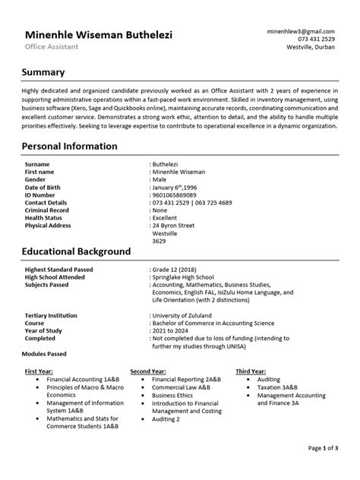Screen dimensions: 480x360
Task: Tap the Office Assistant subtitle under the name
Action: [52, 47]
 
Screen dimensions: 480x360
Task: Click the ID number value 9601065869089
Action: [178, 195]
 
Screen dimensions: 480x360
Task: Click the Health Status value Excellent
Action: [166, 218]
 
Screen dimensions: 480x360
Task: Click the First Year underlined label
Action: [39, 371]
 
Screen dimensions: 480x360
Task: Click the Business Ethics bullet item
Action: [172, 395]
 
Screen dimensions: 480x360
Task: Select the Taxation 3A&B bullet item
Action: [279, 387]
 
